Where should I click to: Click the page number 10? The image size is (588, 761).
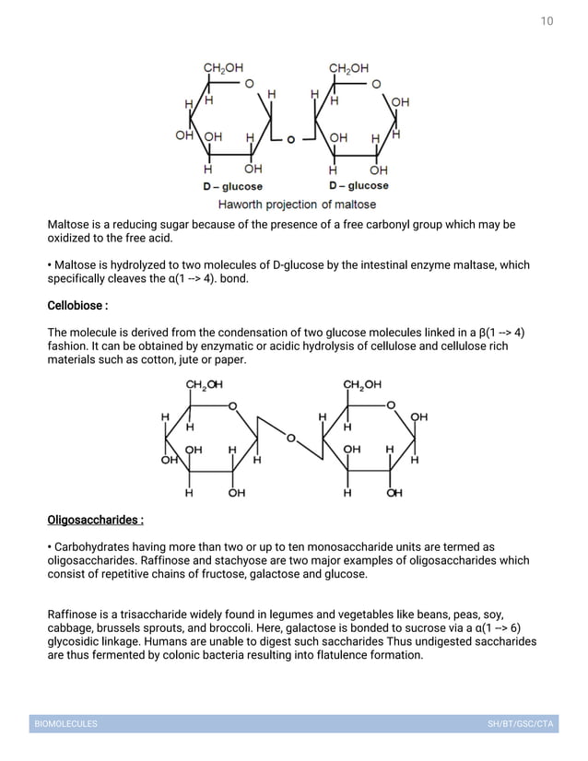tap(547, 20)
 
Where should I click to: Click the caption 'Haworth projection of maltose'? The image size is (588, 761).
tap(296, 204)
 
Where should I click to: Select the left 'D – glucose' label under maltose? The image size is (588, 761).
tap(232, 186)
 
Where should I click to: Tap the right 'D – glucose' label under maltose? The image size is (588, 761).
tap(359, 186)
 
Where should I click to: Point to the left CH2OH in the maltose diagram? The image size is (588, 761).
tap(223, 67)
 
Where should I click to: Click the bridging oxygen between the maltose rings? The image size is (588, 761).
tap(291, 140)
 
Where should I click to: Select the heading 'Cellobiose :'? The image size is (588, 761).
tap(78, 305)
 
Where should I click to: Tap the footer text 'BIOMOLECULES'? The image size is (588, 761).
tap(65, 724)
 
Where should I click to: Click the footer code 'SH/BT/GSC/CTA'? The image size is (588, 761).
tap(521, 724)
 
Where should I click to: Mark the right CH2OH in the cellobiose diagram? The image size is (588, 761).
tap(362, 385)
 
